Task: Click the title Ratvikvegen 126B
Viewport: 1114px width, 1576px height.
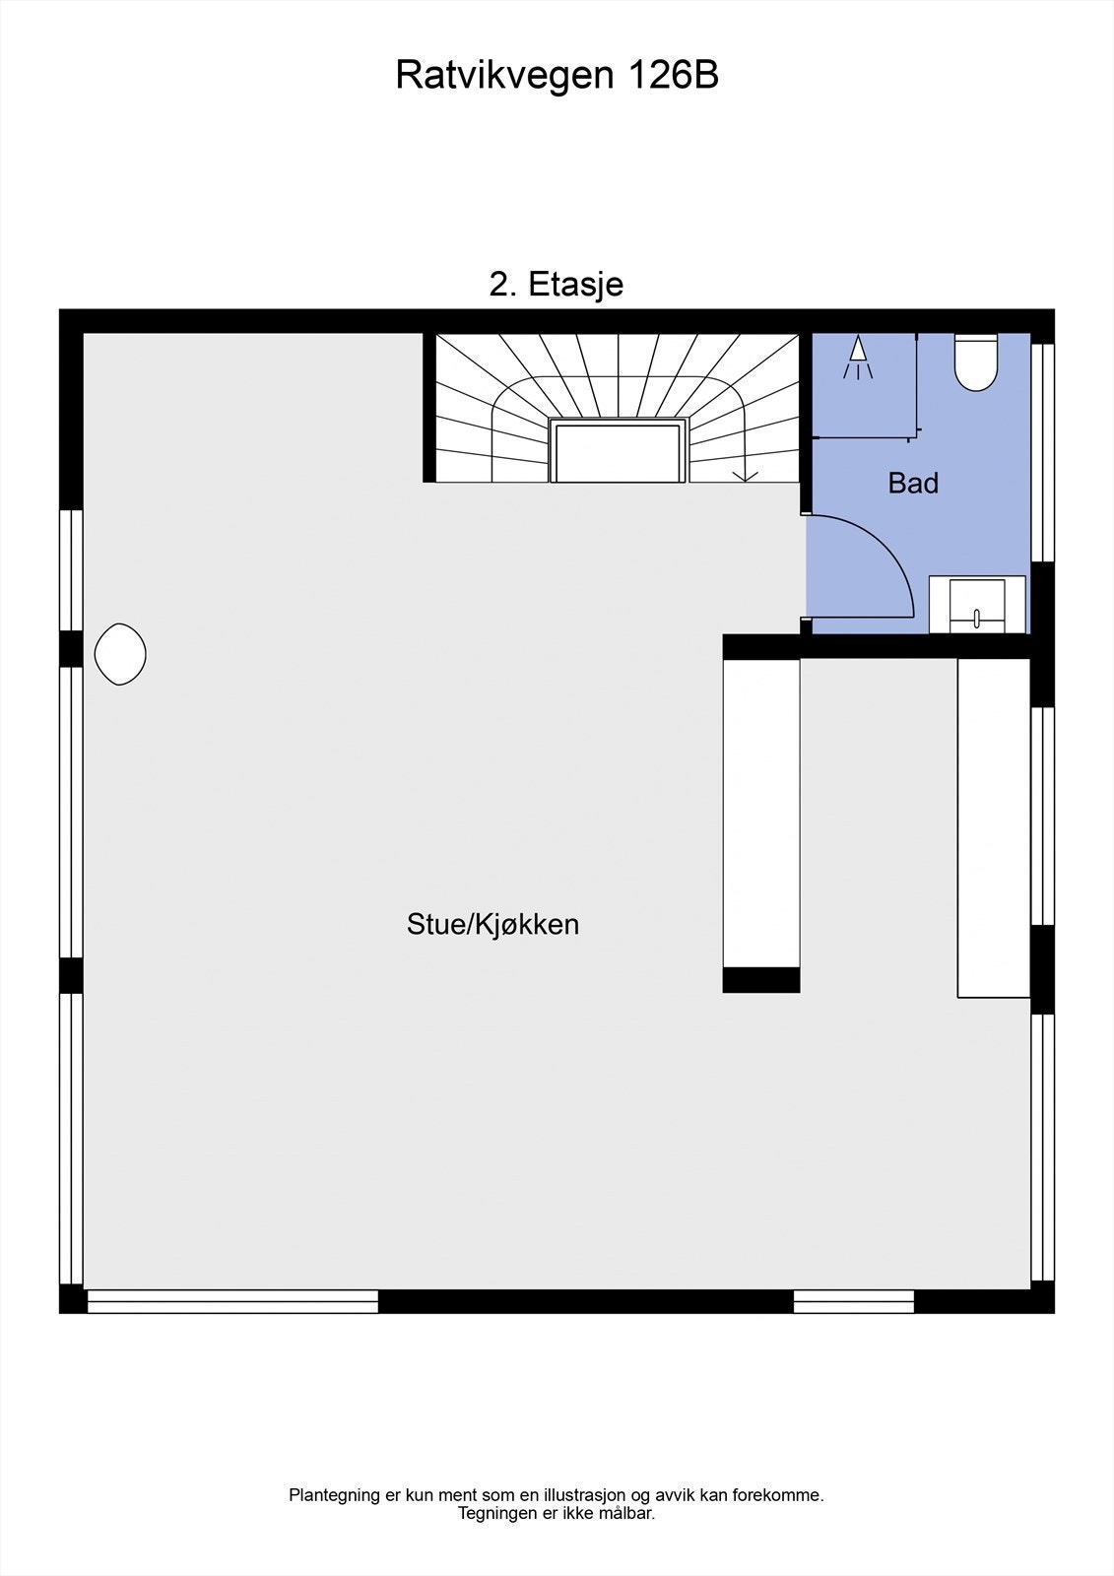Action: click(x=557, y=76)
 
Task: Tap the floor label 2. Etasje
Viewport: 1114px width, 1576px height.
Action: click(x=557, y=285)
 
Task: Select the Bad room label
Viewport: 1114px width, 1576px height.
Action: click(x=913, y=484)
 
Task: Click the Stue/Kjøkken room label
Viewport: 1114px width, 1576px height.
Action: click(x=492, y=925)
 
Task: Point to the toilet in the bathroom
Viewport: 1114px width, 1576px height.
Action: click(x=976, y=361)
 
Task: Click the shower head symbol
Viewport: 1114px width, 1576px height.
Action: click(x=858, y=358)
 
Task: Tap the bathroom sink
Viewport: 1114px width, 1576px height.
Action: click(x=976, y=604)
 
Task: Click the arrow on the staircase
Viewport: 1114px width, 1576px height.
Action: click(x=746, y=474)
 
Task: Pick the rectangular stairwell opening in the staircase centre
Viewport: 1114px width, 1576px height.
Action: click(x=618, y=451)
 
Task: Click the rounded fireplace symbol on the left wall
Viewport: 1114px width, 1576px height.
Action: click(x=120, y=654)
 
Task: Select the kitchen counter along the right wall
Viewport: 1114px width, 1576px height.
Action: click(x=994, y=827)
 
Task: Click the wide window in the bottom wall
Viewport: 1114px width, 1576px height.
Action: click(x=232, y=1301)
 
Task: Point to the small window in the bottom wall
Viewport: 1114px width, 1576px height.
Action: click(x=854, y=1301)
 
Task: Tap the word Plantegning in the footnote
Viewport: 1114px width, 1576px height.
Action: click(x=334, y=1495)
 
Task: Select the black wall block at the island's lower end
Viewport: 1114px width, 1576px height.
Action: click(x=761, y=980)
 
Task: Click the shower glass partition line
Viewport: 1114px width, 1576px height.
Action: click(x=917, y=384)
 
